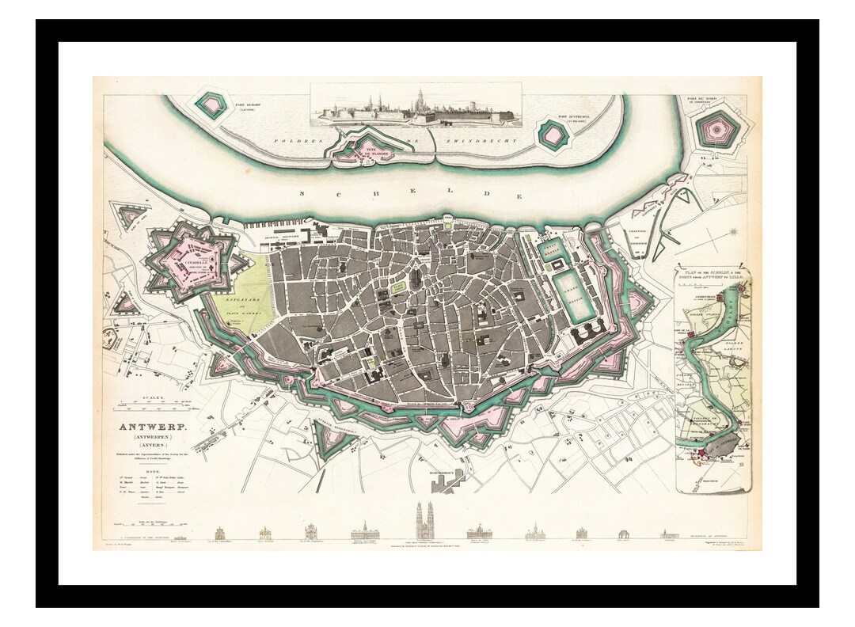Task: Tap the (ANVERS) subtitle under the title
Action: click(x=144, y=445)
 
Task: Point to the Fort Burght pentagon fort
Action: click(x=210, y=102)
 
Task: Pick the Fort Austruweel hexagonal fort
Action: click(x=553, y=135)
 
